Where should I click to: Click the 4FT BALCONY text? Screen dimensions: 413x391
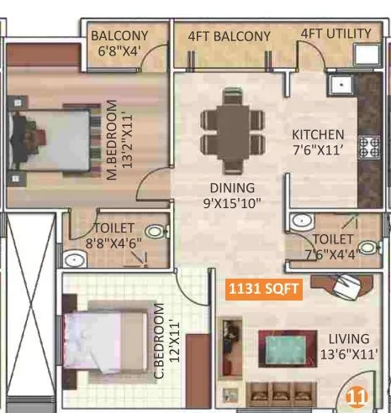pyautogui.click(x=229, y=36)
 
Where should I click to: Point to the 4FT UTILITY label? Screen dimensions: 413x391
pyautogui.click(x=336, y=34)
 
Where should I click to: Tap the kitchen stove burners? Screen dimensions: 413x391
pyautogui.click(x=369, y=148)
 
